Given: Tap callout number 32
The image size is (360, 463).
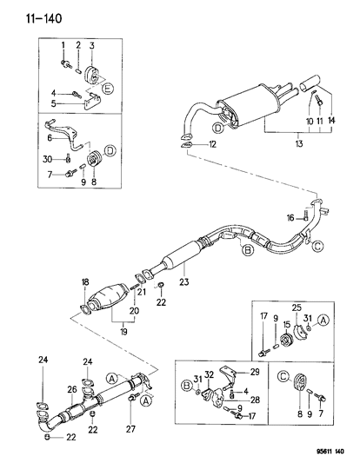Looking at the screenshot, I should click(209, 374).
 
